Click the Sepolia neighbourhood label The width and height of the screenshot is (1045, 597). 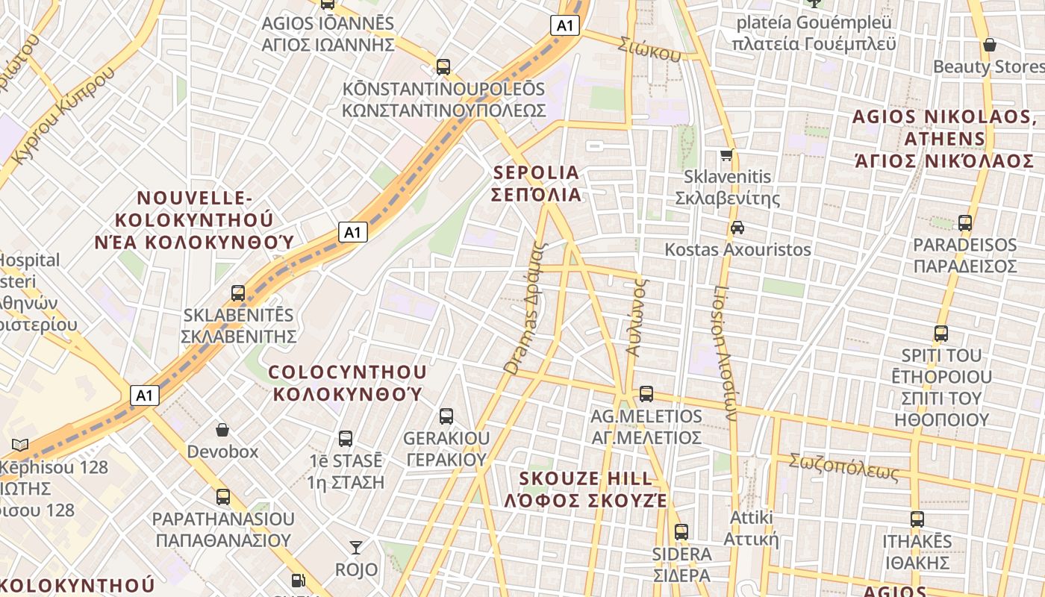[x=537, y=184]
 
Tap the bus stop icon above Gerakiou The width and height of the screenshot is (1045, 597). [x=446, y=416]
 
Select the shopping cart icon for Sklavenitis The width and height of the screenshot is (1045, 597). [x=726, y=155]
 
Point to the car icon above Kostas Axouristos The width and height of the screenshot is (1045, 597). [x=737, y=228]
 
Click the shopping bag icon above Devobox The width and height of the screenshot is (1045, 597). [x=222, y=430]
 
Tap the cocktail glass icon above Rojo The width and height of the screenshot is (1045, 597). [x=356, y=548]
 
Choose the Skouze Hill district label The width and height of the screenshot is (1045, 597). [x=586, y=490]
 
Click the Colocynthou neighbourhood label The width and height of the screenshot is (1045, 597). [x=348, y=383]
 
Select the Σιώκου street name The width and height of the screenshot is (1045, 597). [x=649, y=49]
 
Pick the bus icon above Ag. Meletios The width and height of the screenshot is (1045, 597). [x=646, y=393]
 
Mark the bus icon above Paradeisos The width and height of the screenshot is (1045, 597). [x=965, y=222]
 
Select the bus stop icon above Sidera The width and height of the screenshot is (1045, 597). [x=681, y=532]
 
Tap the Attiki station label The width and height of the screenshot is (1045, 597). [x=751, y=528]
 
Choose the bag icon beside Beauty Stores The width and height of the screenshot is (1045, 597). [x=990, y=46]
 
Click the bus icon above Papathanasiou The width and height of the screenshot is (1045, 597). [x=223, y=497]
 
